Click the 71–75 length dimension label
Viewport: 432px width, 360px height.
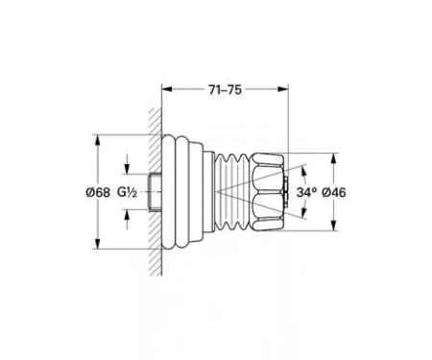coord(225,90)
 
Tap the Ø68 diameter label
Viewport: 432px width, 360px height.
coord(98,192)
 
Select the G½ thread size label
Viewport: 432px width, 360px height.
coord(127,192)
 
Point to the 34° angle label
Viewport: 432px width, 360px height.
coord(306,192)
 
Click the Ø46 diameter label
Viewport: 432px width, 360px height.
coord(334,192)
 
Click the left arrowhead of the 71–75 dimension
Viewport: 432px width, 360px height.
coord(167,89)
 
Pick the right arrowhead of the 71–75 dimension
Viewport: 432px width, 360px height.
coord(283,89)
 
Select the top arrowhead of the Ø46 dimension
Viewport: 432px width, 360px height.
coord(334,158)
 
